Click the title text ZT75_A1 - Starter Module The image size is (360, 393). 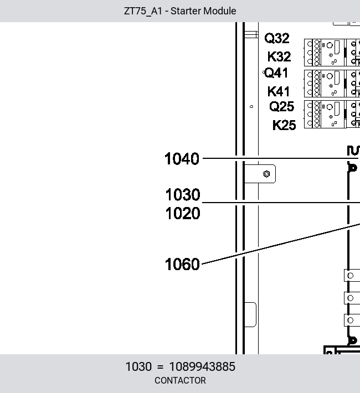point(180,11)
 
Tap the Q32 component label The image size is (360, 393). point(277,38)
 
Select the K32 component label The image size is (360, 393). point(279,56)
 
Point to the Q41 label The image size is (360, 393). point(276,73)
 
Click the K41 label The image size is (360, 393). point(279,91)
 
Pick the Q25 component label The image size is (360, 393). point(281,106)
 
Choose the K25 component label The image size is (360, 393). point(284,125)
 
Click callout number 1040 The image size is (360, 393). point(182,159)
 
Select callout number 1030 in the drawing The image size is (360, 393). point(183,195)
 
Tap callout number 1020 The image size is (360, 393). point(183,214)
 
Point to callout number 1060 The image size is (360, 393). point(182,265)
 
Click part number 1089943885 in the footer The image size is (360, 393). point(202,366)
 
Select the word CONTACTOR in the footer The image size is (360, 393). point(180,380)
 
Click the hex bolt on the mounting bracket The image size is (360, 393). point(266,174)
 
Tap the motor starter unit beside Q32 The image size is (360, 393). point(332,53)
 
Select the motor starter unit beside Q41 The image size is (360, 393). point(332,84)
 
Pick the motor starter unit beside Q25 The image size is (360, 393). point(332,114)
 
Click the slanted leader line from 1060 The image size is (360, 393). point(281,244)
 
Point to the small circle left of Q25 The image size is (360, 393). point(251,106)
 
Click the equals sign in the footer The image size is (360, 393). point(160,367)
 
